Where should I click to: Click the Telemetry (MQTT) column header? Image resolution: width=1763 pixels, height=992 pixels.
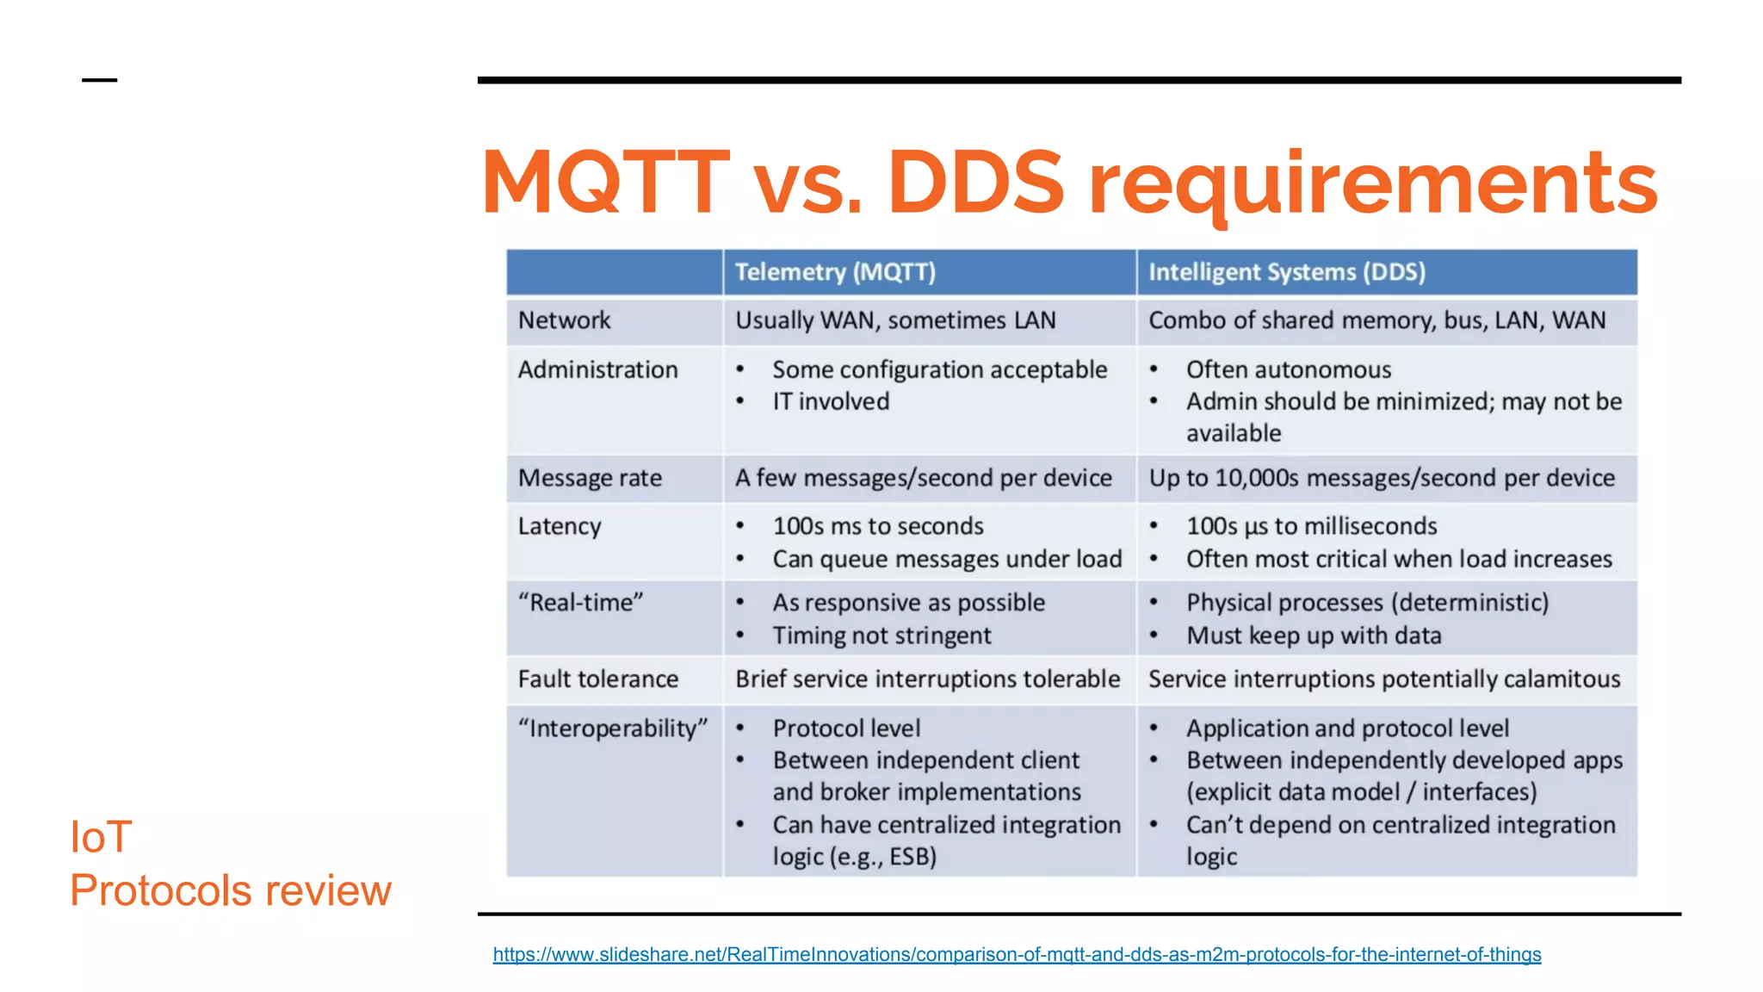834,272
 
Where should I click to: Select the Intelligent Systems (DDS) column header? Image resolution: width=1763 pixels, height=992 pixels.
1286,272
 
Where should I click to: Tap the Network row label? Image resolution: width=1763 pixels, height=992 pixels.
564,320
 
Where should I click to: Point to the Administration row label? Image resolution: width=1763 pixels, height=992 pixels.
597,369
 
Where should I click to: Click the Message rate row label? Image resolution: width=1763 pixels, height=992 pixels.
590,478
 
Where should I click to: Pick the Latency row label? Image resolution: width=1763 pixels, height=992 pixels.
560,526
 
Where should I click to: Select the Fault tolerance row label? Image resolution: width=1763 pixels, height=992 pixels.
597,679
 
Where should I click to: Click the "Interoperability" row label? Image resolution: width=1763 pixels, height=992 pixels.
612,728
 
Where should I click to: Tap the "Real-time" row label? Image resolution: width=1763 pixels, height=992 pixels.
580,603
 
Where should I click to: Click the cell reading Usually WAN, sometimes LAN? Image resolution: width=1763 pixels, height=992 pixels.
894,320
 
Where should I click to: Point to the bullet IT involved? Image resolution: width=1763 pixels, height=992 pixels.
830,401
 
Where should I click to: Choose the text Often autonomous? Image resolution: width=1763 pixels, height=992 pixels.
1288,369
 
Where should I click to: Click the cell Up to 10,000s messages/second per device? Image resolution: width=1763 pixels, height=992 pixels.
1381,478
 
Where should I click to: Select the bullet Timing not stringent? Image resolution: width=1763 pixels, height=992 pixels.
881,635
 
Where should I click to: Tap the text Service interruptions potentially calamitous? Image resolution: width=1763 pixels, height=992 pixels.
1383,679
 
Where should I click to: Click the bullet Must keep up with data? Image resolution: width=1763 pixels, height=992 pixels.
1313,635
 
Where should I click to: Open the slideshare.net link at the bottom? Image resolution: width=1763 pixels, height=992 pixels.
1016,954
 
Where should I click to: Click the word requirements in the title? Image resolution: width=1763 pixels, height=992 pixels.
1372,183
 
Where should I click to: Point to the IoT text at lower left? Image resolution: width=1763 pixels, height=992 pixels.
101,837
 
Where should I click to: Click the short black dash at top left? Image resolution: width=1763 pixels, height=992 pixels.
99,80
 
